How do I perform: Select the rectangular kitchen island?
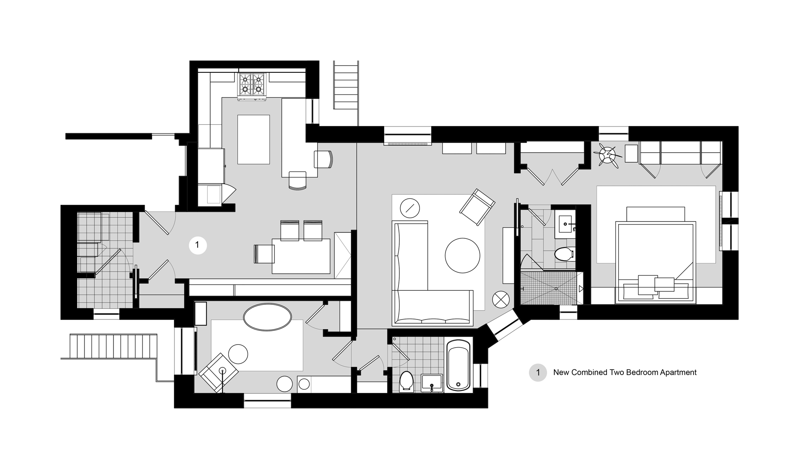pyautogui.click(x=253, y=139)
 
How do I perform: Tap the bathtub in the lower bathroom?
pyautogui.click(x=458, y=365)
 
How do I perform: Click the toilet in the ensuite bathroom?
pyautogui.click(x=563, y=254)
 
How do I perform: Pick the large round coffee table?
pyautogui.click(x=462, y=256)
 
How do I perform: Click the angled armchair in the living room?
pyautogui.click(x=477, y=207)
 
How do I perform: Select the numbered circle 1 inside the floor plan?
pyautogui.click(x=198, y=245)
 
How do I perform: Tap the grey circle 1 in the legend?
pyautogui.click(x=538, y=372)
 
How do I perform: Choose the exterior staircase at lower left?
pyautogui.click(x=113, y=346)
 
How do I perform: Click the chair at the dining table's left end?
pyautogui.click(x=264, y=254)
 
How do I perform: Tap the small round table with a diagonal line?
pyautogui.click(x=409, y=207)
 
